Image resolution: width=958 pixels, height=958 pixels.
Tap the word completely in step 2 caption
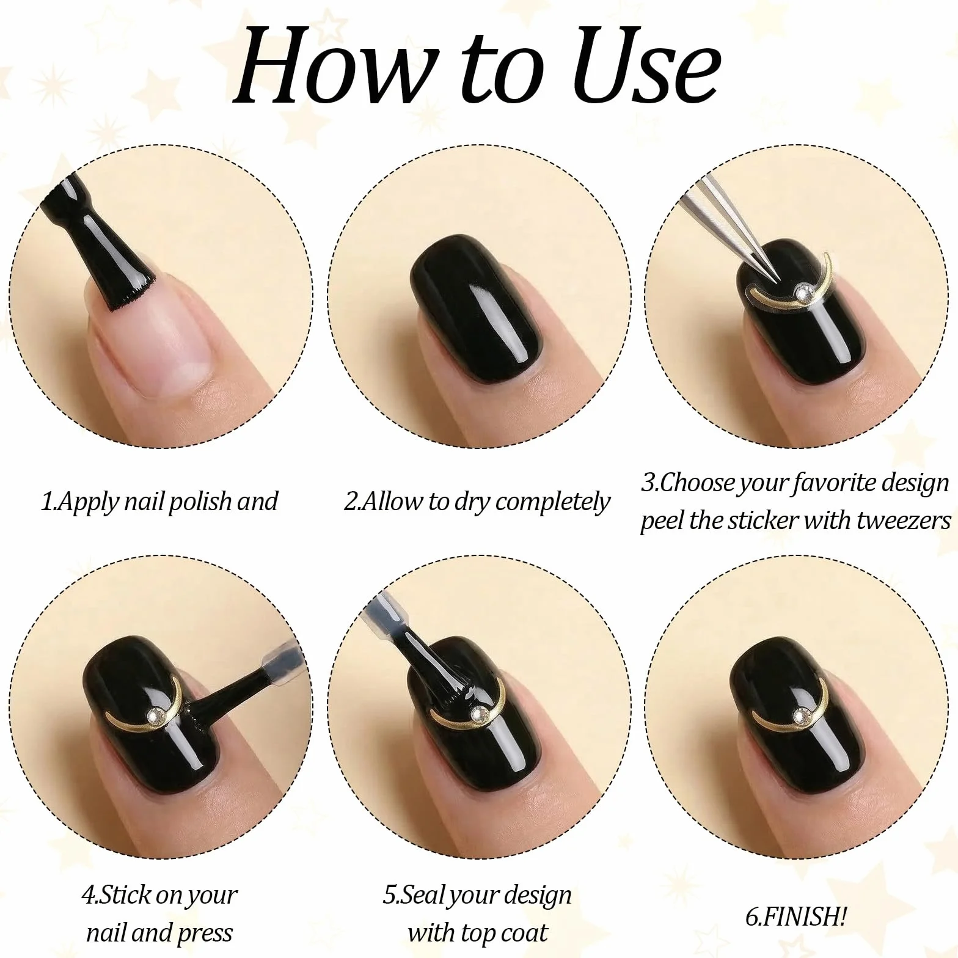[552, 502]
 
